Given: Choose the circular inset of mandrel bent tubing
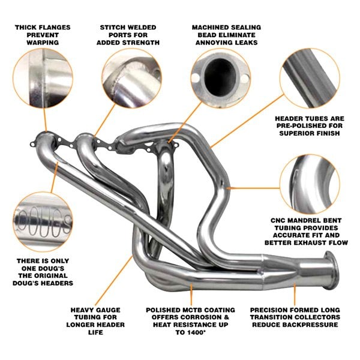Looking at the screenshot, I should (310, 182).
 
